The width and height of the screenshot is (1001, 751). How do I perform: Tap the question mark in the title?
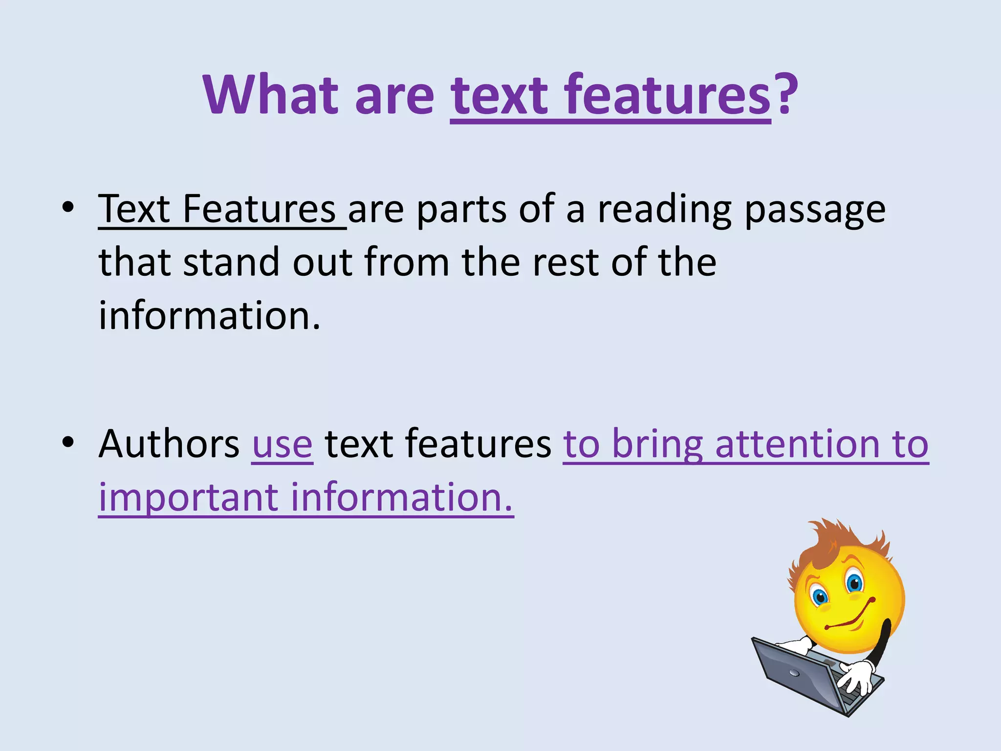785,94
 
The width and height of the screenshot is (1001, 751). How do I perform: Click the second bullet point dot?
68,442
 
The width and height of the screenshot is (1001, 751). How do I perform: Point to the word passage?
815,211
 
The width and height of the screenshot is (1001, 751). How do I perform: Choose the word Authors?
169,443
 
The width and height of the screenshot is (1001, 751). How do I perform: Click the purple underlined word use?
282,445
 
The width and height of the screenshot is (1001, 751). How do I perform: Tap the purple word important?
188,497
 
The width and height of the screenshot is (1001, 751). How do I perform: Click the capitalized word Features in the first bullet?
259,209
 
